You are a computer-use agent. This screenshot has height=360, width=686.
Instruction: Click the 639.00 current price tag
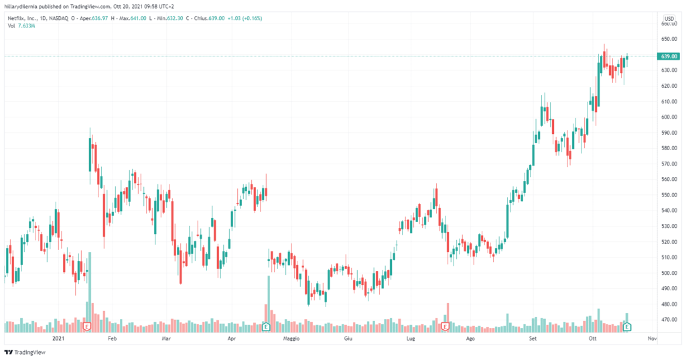pos(667,56)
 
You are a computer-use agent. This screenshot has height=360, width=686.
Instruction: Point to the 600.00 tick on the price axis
pos(667,117)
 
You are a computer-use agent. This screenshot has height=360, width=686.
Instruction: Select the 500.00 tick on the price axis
pos(667,273)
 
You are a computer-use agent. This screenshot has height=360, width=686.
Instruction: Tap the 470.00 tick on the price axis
pos(667,320)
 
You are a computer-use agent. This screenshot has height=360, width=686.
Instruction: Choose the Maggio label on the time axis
pos(291,339)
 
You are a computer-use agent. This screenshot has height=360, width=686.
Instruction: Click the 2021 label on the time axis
pos(58,339)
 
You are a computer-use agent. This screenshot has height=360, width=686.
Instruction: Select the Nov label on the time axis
pos(651,339)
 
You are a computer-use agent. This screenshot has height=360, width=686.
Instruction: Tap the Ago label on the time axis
pos(470,339)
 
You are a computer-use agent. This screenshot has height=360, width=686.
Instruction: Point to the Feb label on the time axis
pos(112,339)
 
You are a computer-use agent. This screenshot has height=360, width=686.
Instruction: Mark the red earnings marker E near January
pos(87,326)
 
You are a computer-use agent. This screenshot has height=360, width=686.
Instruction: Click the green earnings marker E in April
pos(266,326)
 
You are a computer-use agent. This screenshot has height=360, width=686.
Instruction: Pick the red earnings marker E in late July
pos(445,326)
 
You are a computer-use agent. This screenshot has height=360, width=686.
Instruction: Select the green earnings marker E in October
pos(628,326)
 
